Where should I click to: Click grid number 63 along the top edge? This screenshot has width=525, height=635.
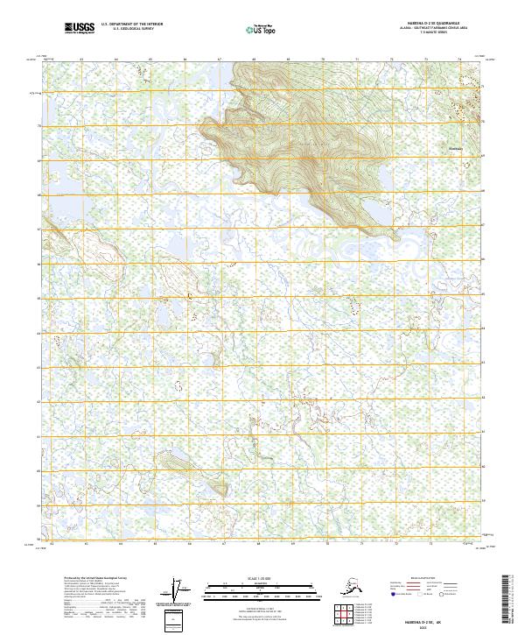point(81,60)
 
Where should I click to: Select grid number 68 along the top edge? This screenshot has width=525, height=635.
point(253,60)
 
